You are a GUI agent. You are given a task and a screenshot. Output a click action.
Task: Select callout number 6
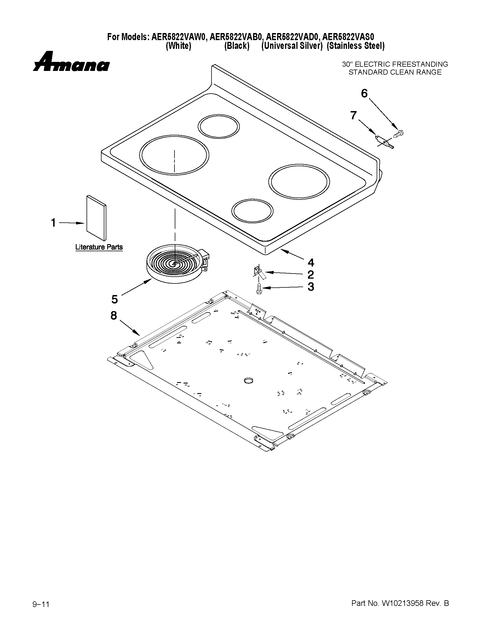tap(364, 94)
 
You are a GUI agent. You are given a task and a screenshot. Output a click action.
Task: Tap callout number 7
tap(353, 116)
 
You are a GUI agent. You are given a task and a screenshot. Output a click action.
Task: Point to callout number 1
tap(53, 223)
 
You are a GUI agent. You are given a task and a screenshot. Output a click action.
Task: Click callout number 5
tap(114, 299)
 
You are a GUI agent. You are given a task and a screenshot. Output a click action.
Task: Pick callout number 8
tap(114, 315)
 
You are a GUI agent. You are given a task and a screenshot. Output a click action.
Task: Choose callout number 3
tap(310, 287)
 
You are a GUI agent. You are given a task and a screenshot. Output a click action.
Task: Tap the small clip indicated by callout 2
tap(258, 271)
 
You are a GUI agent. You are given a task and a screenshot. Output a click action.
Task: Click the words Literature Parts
tap(99, 247)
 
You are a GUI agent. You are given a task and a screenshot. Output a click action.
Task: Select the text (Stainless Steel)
tap(355, 46)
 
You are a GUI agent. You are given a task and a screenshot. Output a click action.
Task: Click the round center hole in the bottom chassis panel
tap(249, 380)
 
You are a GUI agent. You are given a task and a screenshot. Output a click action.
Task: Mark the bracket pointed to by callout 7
tap(384, 142)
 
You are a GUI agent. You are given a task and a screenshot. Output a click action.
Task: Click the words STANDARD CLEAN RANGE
tap(395, 72)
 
